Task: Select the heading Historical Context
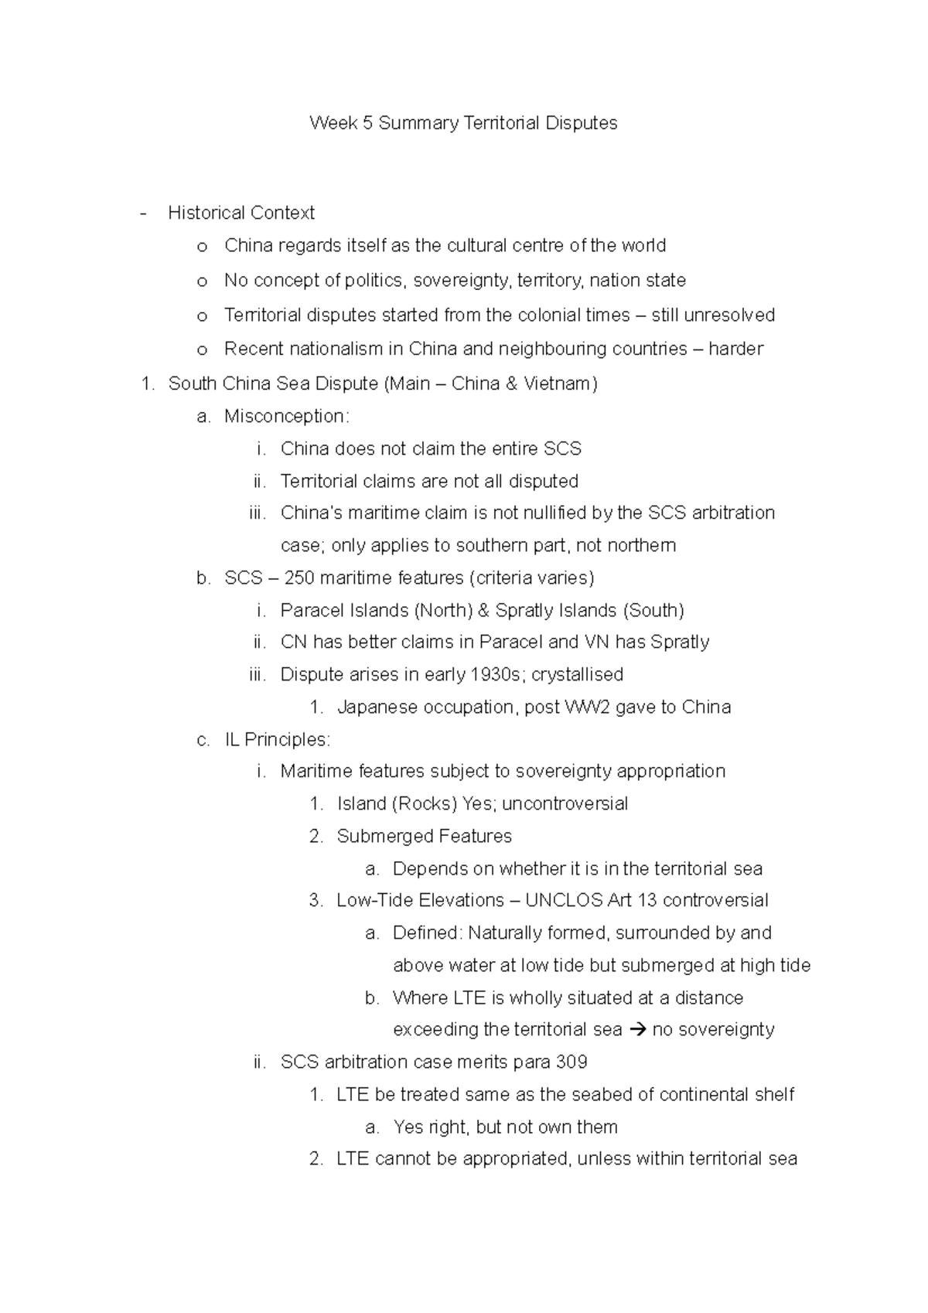241,213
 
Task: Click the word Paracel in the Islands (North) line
312,610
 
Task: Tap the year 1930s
496,674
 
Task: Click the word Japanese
376,707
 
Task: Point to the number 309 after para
571,1062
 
